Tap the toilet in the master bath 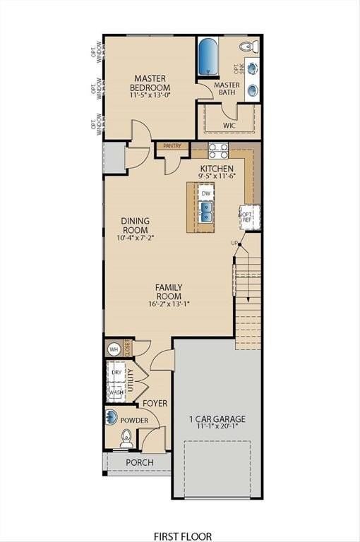(x=246, y=47)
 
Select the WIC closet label (x=229, y=125)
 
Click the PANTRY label (x=172, y=146)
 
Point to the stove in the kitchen (x=218, y=150)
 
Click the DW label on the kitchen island (x=206, y=193)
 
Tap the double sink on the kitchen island (x=206, y=211)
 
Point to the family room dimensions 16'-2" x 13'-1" (x=169, y=304)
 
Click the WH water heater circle (x=114, y=349)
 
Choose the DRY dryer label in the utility (x=116, y=371)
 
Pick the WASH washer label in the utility (x=116, y=392)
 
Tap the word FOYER (x=155, y=403)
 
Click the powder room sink (x=112, y=416)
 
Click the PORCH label (x=139, y=463)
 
